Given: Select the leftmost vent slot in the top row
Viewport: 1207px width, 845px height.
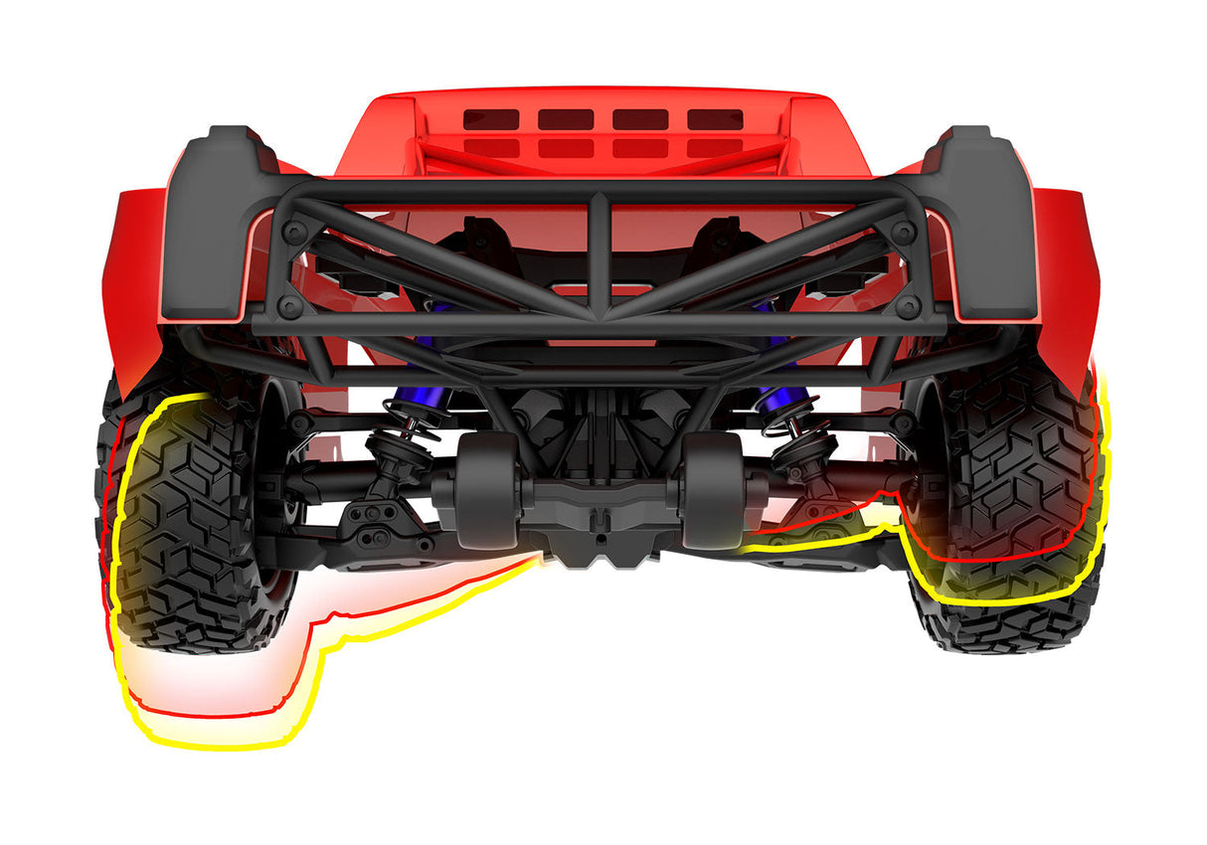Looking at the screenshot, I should pyautogui.click(x=491, y=119).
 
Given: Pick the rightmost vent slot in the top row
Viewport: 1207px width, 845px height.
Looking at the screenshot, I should pyautogui.click(x=715, y=119).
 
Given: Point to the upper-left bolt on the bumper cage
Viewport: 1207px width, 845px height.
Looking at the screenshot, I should pyautogui.click(x=293, y=231).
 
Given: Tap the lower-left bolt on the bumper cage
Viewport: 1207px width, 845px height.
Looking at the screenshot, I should pyautogui.click(x=288, y=304).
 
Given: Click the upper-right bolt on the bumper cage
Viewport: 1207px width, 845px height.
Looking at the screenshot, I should pyautogui.click(x=904, y=231).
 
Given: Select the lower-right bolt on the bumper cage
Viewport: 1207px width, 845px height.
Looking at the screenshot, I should pyautogui.click(x=908, y=304).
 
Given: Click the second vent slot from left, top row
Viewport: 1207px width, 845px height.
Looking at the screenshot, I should pyautogui.click(x=566, y=119).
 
